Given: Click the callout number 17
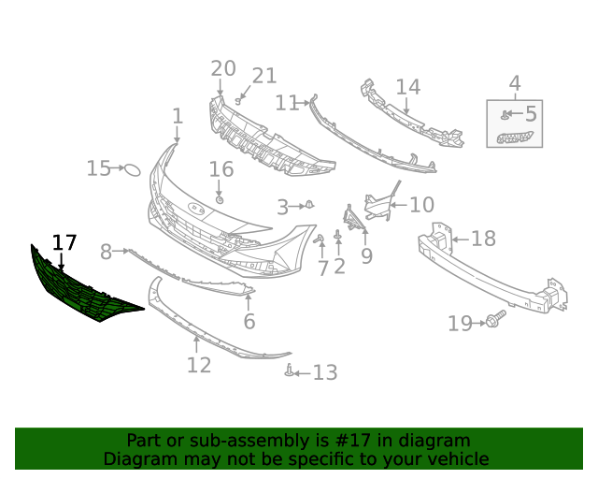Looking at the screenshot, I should pos(64,243).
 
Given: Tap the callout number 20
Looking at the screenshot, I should pos(223,68).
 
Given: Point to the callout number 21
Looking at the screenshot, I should pos(264,76).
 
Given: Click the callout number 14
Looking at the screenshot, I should pos(408,87).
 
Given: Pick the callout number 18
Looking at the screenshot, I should pos(483,239).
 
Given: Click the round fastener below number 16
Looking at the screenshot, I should pos(220,200).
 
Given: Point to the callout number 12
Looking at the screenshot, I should pos(199,364).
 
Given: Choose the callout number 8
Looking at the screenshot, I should pos(106,252).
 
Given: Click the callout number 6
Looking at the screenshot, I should pos(249,322).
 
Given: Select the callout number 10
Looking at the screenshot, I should pos(421,204).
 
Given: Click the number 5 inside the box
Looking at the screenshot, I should pos(531,115).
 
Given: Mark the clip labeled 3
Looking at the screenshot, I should pos(309,204).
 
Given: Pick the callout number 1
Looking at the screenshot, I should pos(178,117).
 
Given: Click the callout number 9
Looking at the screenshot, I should pos(366,254).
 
